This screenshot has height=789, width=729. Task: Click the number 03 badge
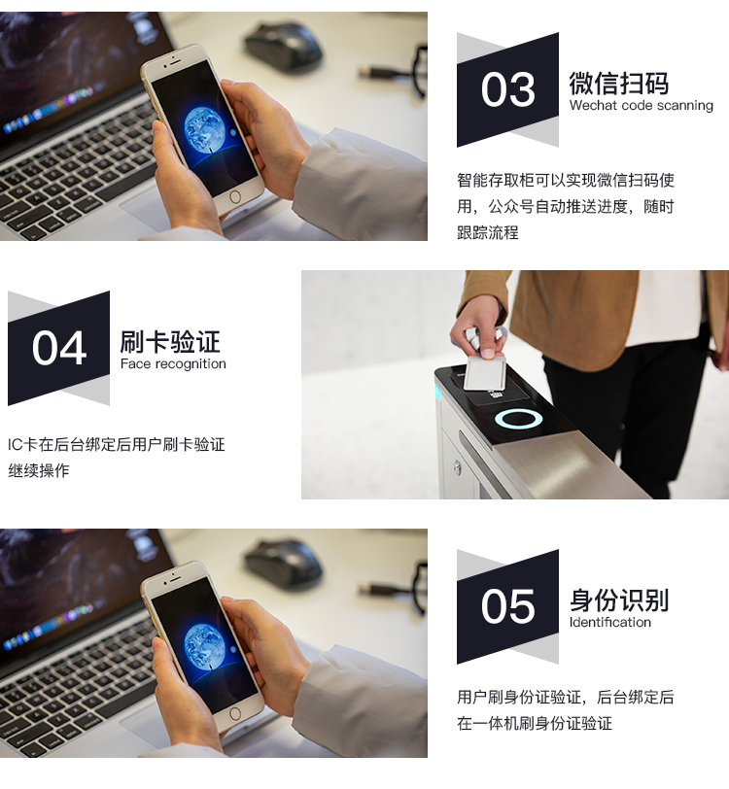point(507,89)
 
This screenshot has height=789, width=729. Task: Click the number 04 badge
point(59,348)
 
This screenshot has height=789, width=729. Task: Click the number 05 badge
point(507,606)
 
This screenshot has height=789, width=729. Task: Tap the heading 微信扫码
point(619,83)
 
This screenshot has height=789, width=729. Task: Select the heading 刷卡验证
point(170,342)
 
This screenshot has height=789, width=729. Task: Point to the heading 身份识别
point(619,600)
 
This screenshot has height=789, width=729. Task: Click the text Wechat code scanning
point(642,105)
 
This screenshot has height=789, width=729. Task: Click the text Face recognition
point(173,363)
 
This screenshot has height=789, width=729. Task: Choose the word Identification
point(610,622)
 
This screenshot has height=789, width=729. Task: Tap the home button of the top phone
point(235,196)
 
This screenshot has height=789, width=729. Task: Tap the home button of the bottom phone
point(235,713)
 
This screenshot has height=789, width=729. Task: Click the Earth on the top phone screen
point(205,130)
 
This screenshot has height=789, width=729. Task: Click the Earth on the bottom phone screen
point(205,647)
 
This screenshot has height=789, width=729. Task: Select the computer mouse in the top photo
point(283,48)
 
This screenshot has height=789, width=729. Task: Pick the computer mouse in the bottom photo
point(283,565)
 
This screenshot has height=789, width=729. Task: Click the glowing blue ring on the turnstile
point(518,419)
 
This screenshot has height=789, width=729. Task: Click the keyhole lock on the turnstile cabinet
point(457,467)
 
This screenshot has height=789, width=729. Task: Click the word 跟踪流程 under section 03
point(487,232)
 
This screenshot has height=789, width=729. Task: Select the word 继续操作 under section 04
point(39,470)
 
